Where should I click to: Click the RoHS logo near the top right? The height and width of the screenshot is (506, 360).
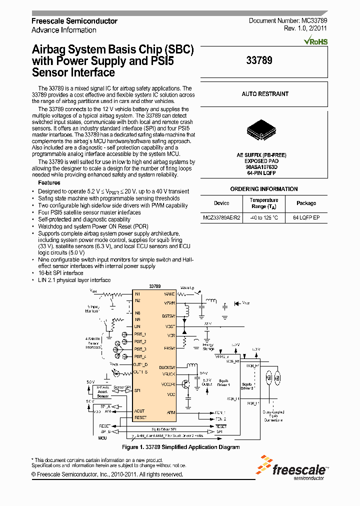[316, 41]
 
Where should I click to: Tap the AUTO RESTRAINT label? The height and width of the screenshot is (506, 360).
[265, 94]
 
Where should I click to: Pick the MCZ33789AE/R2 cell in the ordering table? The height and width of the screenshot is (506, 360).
[221, 218]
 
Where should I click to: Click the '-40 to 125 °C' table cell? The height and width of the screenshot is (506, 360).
[264, 218]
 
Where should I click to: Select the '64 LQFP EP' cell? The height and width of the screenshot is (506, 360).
[306, 218]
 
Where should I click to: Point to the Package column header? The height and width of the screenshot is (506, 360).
[306, 203]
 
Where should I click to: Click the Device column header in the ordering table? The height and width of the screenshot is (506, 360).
[221, 203]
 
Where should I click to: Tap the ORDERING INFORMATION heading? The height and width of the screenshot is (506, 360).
[264, 189]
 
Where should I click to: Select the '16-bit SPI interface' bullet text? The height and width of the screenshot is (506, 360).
[60, 273]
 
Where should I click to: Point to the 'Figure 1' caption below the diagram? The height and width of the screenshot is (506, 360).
[181, 447]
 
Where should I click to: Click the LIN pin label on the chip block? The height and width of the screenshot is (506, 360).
[137, 326]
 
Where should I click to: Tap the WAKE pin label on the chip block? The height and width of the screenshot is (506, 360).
[170, 294]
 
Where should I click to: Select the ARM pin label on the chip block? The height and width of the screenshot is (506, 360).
[171, 413]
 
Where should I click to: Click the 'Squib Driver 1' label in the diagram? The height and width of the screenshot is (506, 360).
[224, 382]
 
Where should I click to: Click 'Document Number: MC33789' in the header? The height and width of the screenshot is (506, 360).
[288, 21]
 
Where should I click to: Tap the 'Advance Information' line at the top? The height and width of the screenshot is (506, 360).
[64, 30]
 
